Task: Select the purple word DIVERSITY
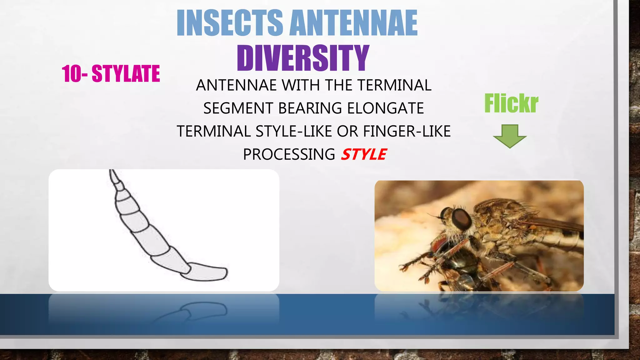click(x=303, y=58)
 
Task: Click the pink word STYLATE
click(x=126, y=74)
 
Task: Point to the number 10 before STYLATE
click(x=72, y=74)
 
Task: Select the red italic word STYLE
click(x=363, y=154)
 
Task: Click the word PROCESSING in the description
click(x=289, y=154)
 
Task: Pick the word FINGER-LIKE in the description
click(x=407, y=131)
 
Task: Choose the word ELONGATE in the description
click(x=385, y=108)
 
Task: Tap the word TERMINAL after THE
click(x=394, y=85)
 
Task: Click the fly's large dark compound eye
click(x=462, y=219)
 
